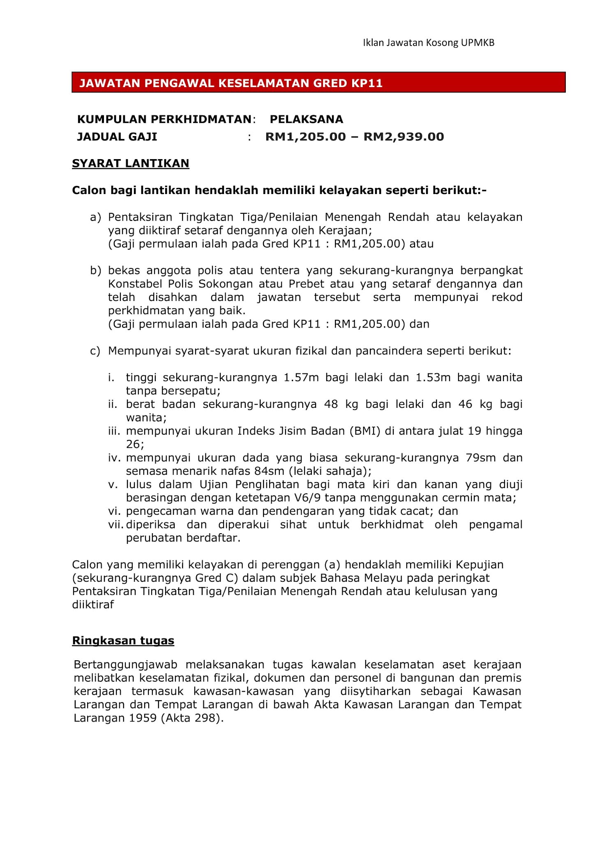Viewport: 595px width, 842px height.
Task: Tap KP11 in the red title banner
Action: tap(367, 83)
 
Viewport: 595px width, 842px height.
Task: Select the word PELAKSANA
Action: tap(306, 119)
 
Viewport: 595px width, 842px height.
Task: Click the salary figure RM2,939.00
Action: tap(404, 136)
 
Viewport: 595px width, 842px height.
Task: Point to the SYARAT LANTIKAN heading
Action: tap(131, 163)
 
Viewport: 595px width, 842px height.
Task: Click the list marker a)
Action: tap(95, 217)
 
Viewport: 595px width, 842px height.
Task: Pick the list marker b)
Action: tap(95, 271)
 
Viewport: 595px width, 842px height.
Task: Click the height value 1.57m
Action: tap(301, 377)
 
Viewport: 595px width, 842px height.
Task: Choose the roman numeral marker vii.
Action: tap(116, 525)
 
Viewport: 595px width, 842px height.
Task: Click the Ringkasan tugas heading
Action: tap(123, 641)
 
